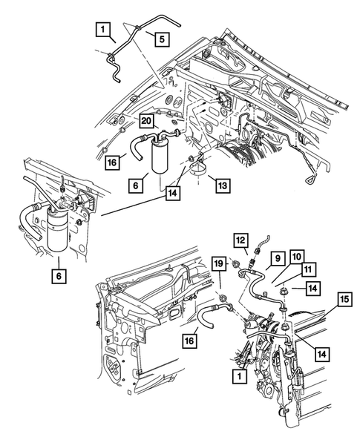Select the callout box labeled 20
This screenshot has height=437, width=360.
pyautogui.click(x=146, y=122)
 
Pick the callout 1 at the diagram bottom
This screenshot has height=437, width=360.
pyautogui.click(x=238, y=376)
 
